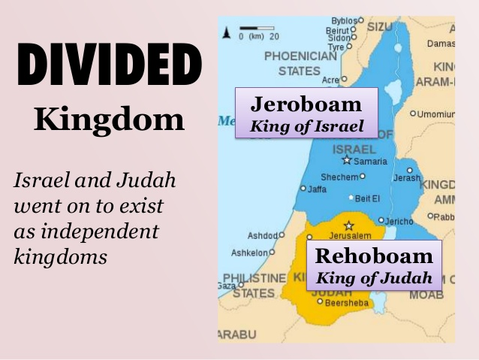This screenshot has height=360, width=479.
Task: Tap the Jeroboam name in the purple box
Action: click(306, 104)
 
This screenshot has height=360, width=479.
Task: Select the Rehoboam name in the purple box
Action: click(374, 255)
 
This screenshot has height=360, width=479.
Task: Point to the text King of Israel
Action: click(306, 126)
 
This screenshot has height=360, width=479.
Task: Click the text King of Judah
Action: click(374, 277)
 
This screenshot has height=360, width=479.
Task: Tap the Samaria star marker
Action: click(346, 160)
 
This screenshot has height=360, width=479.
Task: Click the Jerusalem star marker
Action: click(348, 225)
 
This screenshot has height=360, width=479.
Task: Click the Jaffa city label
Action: click(317, 189)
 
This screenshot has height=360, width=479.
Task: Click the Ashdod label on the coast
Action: click(263, 235)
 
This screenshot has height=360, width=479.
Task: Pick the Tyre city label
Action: click(335, 47)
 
